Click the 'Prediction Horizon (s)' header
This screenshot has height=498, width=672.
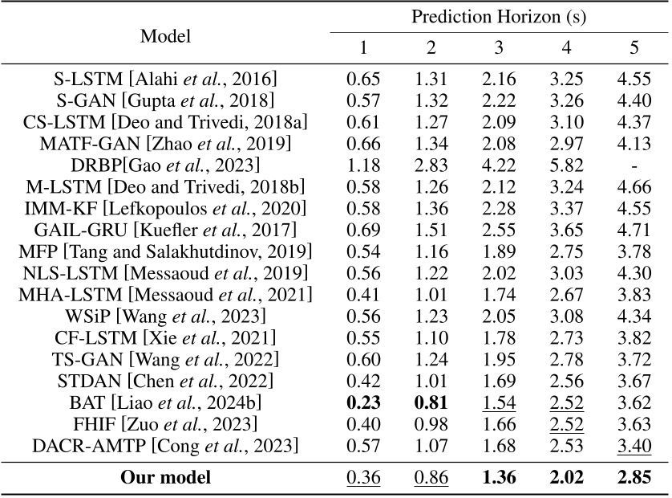[x=498, y=17]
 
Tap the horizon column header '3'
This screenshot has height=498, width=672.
[x=498, y=48]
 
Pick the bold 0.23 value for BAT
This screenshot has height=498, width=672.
[x=362, y=402]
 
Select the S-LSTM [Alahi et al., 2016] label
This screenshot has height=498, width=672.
[x=164, y=79]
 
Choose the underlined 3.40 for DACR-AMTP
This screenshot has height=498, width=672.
[x=634, y=445]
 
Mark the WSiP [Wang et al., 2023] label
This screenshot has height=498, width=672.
[x=164, y=315]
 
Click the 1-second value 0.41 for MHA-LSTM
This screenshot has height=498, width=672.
[x=362, y=294]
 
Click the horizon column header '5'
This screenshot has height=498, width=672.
[x=634, y=48]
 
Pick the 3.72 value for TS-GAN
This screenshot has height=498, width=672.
[x=634, y=358]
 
